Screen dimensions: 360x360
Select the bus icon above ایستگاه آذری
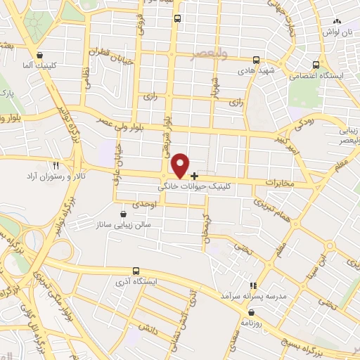point(136,271)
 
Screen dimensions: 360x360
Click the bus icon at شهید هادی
point(257,60)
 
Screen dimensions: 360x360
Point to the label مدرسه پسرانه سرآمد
point(252,297)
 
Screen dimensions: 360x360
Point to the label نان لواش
point(337,32)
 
